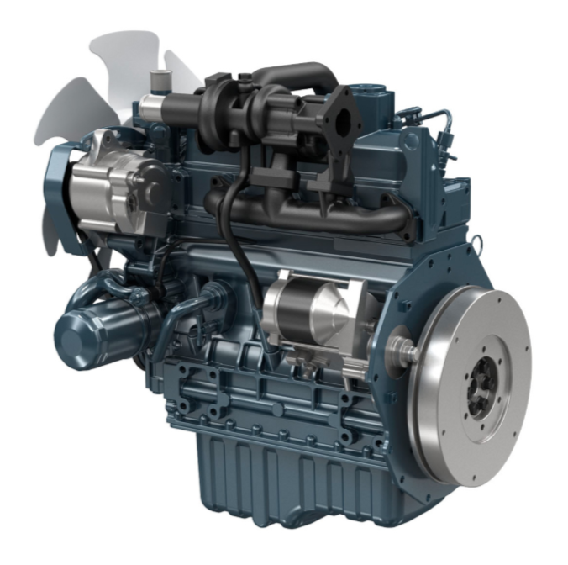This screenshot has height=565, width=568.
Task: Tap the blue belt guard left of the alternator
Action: (59, 193)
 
